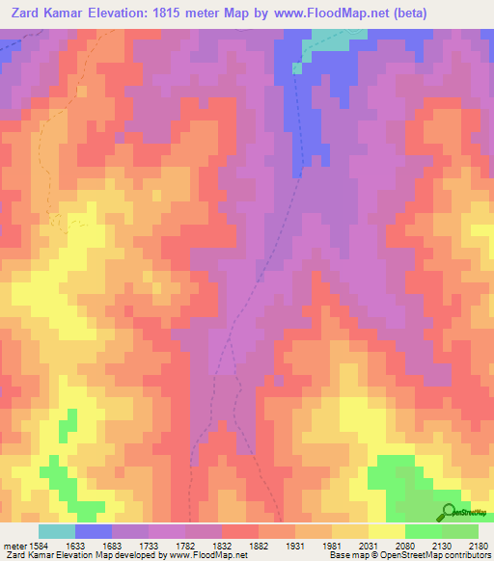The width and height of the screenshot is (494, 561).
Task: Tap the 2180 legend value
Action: pos(477,545)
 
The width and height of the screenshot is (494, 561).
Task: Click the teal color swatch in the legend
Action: pos(56,531)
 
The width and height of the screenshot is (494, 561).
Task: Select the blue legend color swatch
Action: pos(93,531)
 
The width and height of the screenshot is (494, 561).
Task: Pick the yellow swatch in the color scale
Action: pos(386,531)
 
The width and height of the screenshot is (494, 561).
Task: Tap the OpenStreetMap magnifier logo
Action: pos(449,511)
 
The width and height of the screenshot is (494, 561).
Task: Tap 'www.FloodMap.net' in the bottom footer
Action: pos(203,555)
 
